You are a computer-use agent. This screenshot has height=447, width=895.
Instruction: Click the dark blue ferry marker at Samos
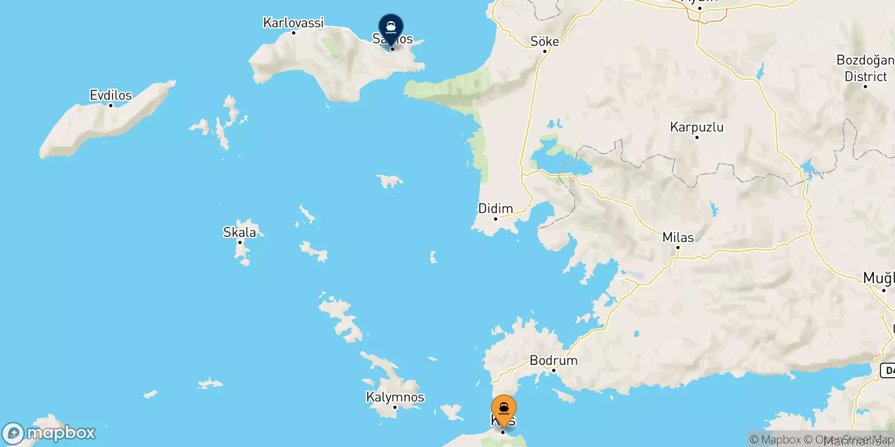coord(391,27)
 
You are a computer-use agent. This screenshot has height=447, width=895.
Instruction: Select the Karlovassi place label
coord(293,23)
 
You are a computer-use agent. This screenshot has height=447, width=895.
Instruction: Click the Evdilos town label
coord(111,95)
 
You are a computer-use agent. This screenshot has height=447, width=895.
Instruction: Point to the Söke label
coord(544,41)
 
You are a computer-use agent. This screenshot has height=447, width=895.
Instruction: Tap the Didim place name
coord(495,208)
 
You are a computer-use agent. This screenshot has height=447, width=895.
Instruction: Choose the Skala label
coord(239,232)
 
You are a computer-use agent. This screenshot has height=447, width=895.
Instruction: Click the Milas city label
coord(677,237)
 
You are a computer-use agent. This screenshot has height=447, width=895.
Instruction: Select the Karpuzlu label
coord(696,127)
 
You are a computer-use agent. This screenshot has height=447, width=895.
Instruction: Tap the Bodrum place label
coord(553,360)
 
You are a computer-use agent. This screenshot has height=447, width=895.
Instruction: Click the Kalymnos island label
coord(395,397)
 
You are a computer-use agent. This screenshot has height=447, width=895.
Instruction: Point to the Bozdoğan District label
coord(865,68)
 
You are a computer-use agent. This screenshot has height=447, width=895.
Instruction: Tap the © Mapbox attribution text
coord(775,440)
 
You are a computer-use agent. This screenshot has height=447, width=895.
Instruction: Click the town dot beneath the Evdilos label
coord(111,105)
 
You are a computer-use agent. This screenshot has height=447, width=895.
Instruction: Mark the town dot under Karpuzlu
coord(696,137)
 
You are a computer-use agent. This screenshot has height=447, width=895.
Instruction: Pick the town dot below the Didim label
coord(495,218)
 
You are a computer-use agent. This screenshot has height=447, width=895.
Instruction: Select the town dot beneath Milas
coord(677,247)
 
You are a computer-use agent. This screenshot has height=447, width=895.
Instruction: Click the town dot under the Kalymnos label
coord(395,407)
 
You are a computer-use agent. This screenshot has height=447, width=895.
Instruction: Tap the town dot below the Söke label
coord(545,51)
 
